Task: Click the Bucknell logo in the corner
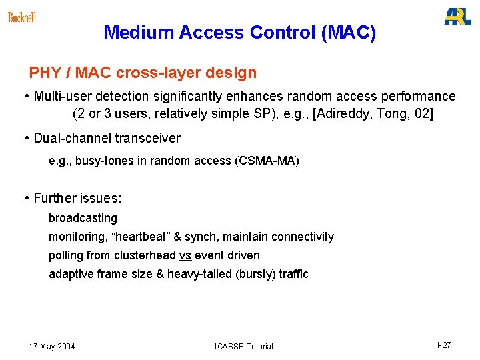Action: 21,17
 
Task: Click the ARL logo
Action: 457,17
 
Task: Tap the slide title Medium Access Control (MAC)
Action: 240,32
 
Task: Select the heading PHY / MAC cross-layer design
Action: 143,72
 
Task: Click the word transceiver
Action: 147,138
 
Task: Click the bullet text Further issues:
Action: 77,198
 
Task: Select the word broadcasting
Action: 83,218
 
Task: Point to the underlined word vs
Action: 185,255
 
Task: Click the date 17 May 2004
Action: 52,346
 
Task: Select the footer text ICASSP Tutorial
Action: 244,346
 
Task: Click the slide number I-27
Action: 444,345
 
